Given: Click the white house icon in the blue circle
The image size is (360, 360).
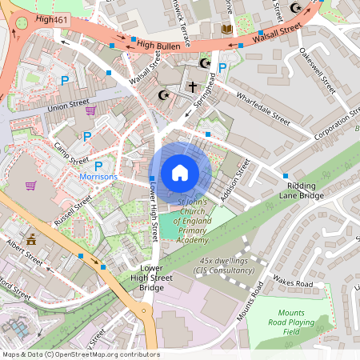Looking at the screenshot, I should coord(180,172).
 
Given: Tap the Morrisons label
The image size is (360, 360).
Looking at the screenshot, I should coord(98,177).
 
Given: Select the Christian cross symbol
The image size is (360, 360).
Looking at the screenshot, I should coord(192,85).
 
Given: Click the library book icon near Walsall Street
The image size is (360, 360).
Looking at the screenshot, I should coord(227,29).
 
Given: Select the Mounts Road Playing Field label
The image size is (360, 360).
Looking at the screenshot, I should coord(302,322).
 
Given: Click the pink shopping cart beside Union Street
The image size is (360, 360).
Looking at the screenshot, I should coord(90,110).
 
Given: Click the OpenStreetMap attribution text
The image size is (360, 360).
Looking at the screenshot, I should coord(80,354).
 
